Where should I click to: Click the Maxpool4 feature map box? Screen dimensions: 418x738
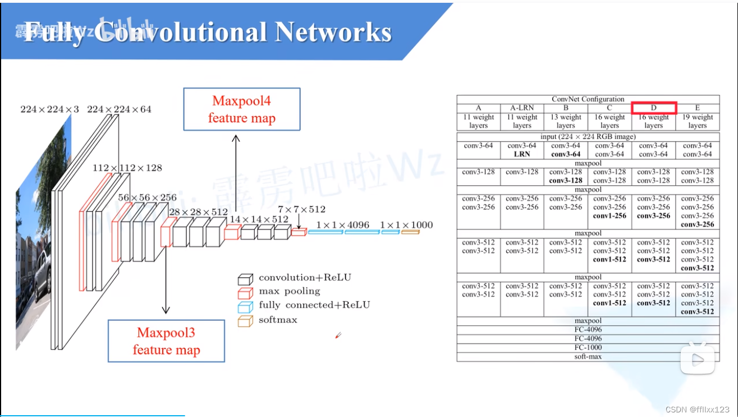click(241, 109)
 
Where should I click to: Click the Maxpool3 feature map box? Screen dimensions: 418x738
click(166, 341)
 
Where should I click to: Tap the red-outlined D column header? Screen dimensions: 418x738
click(654, 108)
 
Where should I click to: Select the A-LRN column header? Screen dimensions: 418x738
click(521, 108)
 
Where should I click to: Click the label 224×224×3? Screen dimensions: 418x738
click(50, 109)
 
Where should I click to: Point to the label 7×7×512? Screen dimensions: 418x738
click(301, 209)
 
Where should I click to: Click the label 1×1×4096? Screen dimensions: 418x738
click(342, 225)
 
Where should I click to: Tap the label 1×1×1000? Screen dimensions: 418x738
click(406, 225)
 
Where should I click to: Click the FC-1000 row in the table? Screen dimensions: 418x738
click(588, 347)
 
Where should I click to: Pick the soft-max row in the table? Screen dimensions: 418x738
click(588, 356)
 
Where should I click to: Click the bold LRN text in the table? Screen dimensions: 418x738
click(521, 154)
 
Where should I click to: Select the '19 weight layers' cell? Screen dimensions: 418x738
click(697, 121)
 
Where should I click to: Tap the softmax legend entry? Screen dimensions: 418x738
click(278, 320)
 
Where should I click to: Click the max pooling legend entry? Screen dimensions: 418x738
click(289, 291)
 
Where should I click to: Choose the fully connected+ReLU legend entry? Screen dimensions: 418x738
click(314, 305)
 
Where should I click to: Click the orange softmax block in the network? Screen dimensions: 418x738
click(410, 232)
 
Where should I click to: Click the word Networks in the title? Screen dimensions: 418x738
click(332, 33)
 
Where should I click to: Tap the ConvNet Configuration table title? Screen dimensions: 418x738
click(588, 99)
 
